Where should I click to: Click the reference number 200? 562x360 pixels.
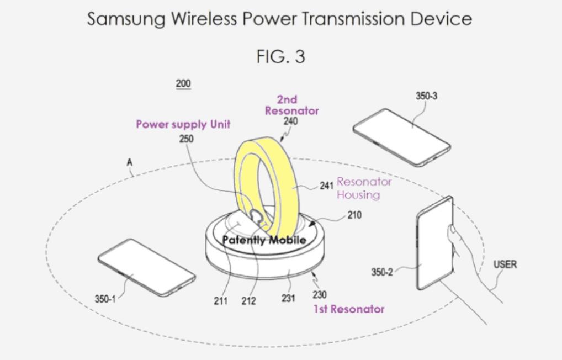(183, 84)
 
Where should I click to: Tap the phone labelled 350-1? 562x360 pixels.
(146, 267)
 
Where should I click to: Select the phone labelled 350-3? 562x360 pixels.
(401, 136)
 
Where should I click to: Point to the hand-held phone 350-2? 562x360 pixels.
(434, 243)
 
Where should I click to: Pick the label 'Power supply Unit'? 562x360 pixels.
(183, 124)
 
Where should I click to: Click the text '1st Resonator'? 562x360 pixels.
(349, 309)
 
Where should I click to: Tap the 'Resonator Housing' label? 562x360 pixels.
(364, 188)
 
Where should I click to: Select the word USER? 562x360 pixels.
(505, 264)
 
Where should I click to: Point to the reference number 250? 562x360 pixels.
(187, 139)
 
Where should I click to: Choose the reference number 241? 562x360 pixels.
(326, 186)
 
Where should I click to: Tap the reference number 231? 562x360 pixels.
(288, 298)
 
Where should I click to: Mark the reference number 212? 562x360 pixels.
(248, 301)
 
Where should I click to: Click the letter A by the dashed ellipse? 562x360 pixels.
(129, 163)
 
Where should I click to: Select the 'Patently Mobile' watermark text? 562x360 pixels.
(264, 240)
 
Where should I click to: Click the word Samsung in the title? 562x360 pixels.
(126, 19)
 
